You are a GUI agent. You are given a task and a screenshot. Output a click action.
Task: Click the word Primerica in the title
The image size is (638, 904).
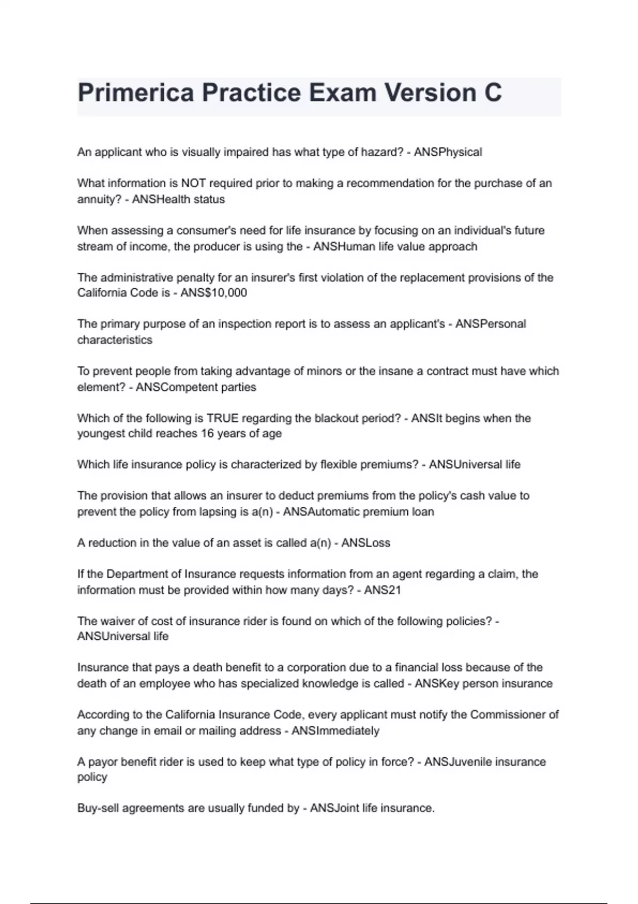[136, 93]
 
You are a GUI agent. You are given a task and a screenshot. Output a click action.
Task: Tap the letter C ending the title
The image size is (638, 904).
[493, 93]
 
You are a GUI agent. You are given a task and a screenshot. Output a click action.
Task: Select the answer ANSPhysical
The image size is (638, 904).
[448, 152]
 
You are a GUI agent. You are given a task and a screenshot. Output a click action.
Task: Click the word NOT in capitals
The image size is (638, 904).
[194, 183]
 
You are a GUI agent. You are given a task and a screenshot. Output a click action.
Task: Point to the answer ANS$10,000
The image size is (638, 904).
[214, 293]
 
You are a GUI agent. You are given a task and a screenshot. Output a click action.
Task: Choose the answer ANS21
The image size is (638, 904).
[382, 590]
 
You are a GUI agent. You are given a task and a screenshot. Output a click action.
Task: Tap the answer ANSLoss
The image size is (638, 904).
[366, 543]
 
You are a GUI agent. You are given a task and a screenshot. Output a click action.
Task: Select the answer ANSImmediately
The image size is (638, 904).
[335, 731]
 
